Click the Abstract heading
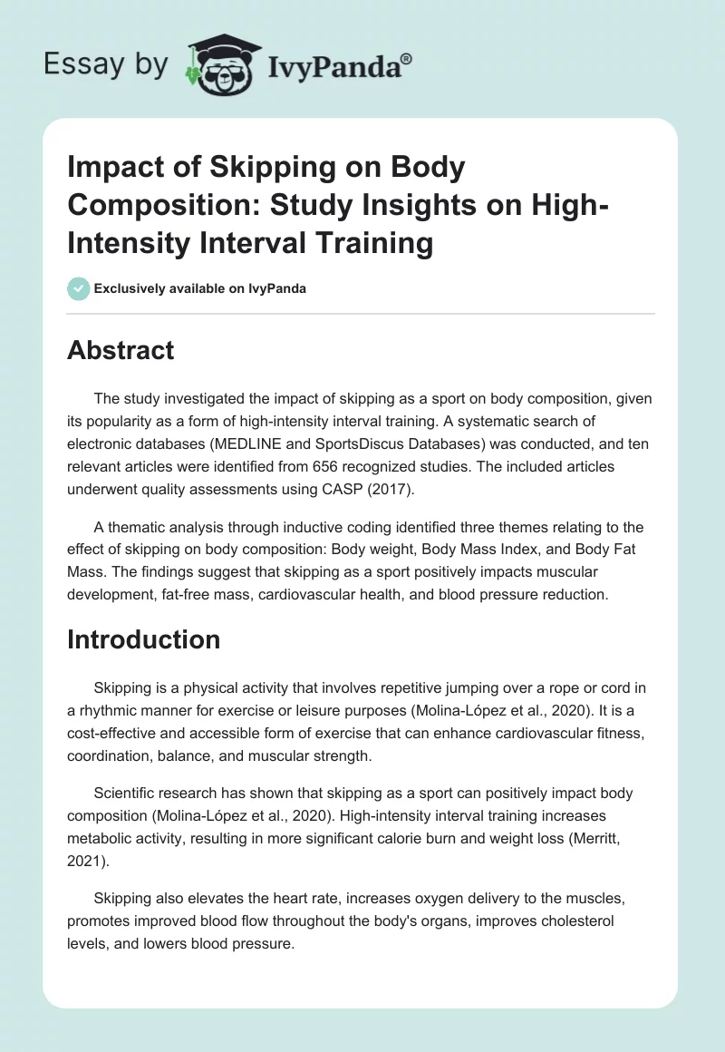pyautogui.click(x=121, y=350)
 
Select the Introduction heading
pyautogui.click(x=143, y=639)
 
